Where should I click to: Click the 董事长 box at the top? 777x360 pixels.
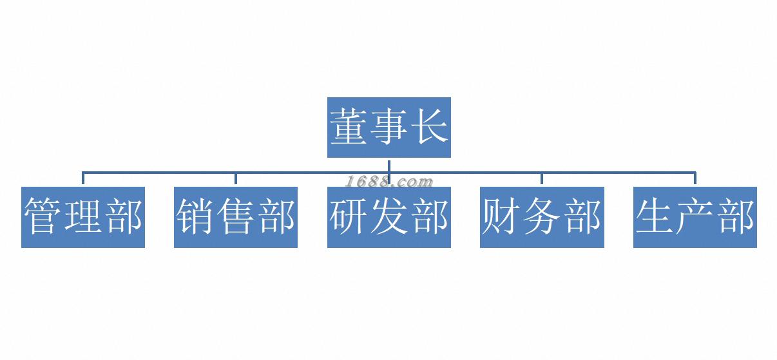point(388,127)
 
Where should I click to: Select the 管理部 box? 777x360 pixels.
point(83,217)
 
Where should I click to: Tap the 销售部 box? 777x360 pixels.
point(236,217)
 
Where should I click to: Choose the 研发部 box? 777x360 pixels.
point(388,217)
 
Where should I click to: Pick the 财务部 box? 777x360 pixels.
point(542,217)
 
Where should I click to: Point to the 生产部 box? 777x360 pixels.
point(695,217)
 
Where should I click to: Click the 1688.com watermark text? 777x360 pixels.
point(388,181)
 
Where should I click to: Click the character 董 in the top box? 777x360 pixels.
point(349,126)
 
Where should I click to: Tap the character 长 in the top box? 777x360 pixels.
point(428,126)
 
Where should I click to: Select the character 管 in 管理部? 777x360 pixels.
point(43,216)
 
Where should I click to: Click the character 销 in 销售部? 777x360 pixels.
point(196,216)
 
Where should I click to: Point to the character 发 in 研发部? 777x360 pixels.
point(389,216)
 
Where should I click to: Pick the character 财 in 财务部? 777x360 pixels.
point(502,216)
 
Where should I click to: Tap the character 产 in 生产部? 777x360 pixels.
point(695,216)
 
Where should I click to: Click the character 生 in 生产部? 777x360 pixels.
point(655,216)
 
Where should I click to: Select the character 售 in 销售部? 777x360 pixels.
point(236,216)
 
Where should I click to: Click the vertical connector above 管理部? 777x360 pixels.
point(83,179)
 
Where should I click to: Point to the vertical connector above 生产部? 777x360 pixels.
point(695,179)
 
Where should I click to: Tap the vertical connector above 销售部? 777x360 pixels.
point(236,179)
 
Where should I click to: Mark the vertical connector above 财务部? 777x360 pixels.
point(542,179)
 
